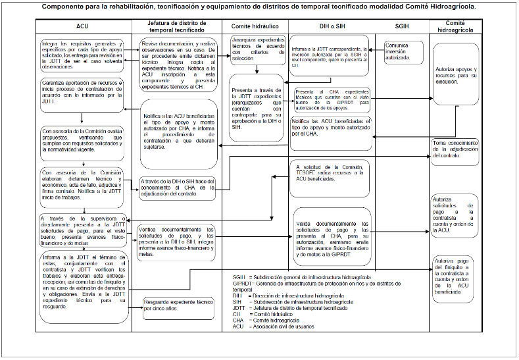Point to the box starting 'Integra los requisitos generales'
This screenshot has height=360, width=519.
tap(82, 54)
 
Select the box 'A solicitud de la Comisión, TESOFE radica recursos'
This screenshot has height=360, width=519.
tap(329, 173)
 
